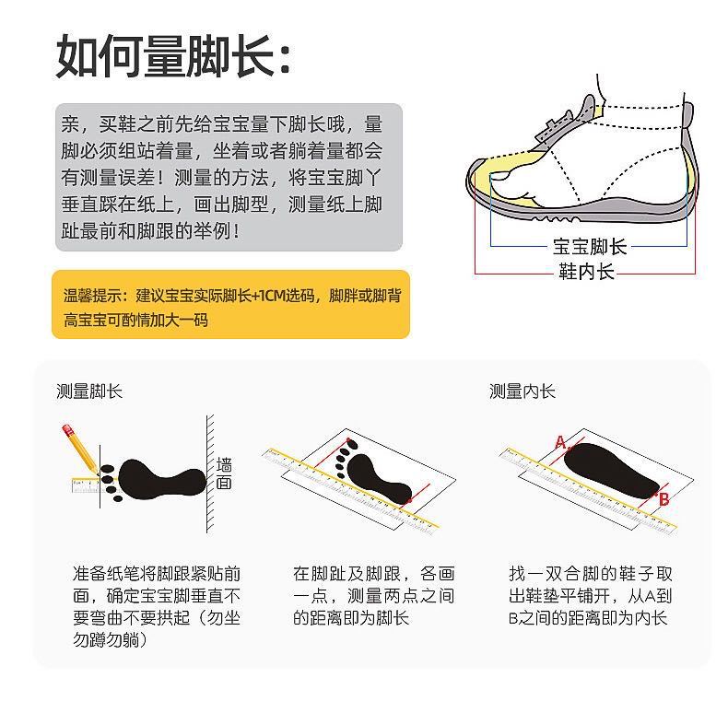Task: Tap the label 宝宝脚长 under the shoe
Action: [590, 246]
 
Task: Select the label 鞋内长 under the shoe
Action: [586, 272]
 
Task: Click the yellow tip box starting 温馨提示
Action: [230, 308]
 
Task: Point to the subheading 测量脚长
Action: [88, 391]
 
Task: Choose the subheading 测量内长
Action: [523, 391]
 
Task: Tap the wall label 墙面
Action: [224, 473]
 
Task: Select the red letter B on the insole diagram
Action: [663, 499]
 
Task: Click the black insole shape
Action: [613, 471]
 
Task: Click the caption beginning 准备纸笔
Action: [157, 605]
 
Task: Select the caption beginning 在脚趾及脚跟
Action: [373, 595]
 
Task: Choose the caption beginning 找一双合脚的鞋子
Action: [591, 595]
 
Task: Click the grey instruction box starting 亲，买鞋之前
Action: [229, 177]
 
